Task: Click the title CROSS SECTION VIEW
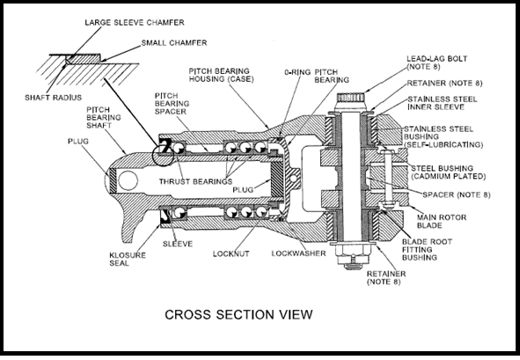[x=238, y=314]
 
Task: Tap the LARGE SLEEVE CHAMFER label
[x=135, y=23]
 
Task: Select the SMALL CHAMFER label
[x=174, y=43]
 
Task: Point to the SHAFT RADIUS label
[x=53, y=98]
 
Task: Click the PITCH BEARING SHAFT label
[x=104, y=117]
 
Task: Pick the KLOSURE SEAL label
[x=128, y=259]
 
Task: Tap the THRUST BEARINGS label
[x=195, y=181]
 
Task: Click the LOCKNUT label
[x=231, y=253]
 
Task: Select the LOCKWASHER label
[x=298, y=253]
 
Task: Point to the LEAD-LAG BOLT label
[x=436, y=62]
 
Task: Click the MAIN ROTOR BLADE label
[x=442, y=221]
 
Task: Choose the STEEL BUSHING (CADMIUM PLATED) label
[x=449, y=173]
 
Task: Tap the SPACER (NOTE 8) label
[x=457, y=195]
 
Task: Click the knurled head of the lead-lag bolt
[x=350, y=98]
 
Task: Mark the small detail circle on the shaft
[x=162, y=156]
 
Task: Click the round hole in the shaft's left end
[x=128, y=180]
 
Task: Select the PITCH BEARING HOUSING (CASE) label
[x=221, y=75]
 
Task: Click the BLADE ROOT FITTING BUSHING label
[x=427, y=249]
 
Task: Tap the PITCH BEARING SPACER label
[x=172, y=104]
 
